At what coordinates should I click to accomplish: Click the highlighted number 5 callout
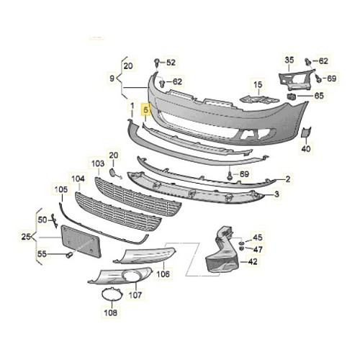coord(146,111)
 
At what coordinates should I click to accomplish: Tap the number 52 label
coord(171,63)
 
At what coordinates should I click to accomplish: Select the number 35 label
coord(289,59)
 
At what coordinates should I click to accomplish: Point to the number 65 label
coord(318,95)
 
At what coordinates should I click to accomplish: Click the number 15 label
coord(256,85)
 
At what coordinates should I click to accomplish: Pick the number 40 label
coord(305,148)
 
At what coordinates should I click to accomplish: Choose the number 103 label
coord(97,164)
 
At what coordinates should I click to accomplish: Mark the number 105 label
coord(60,189)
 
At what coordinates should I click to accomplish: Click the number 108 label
coord(110,313)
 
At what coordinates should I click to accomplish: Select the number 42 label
coord(252,263)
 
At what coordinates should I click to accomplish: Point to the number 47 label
coord(258,249)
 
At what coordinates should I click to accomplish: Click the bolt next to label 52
coord(156,63)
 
